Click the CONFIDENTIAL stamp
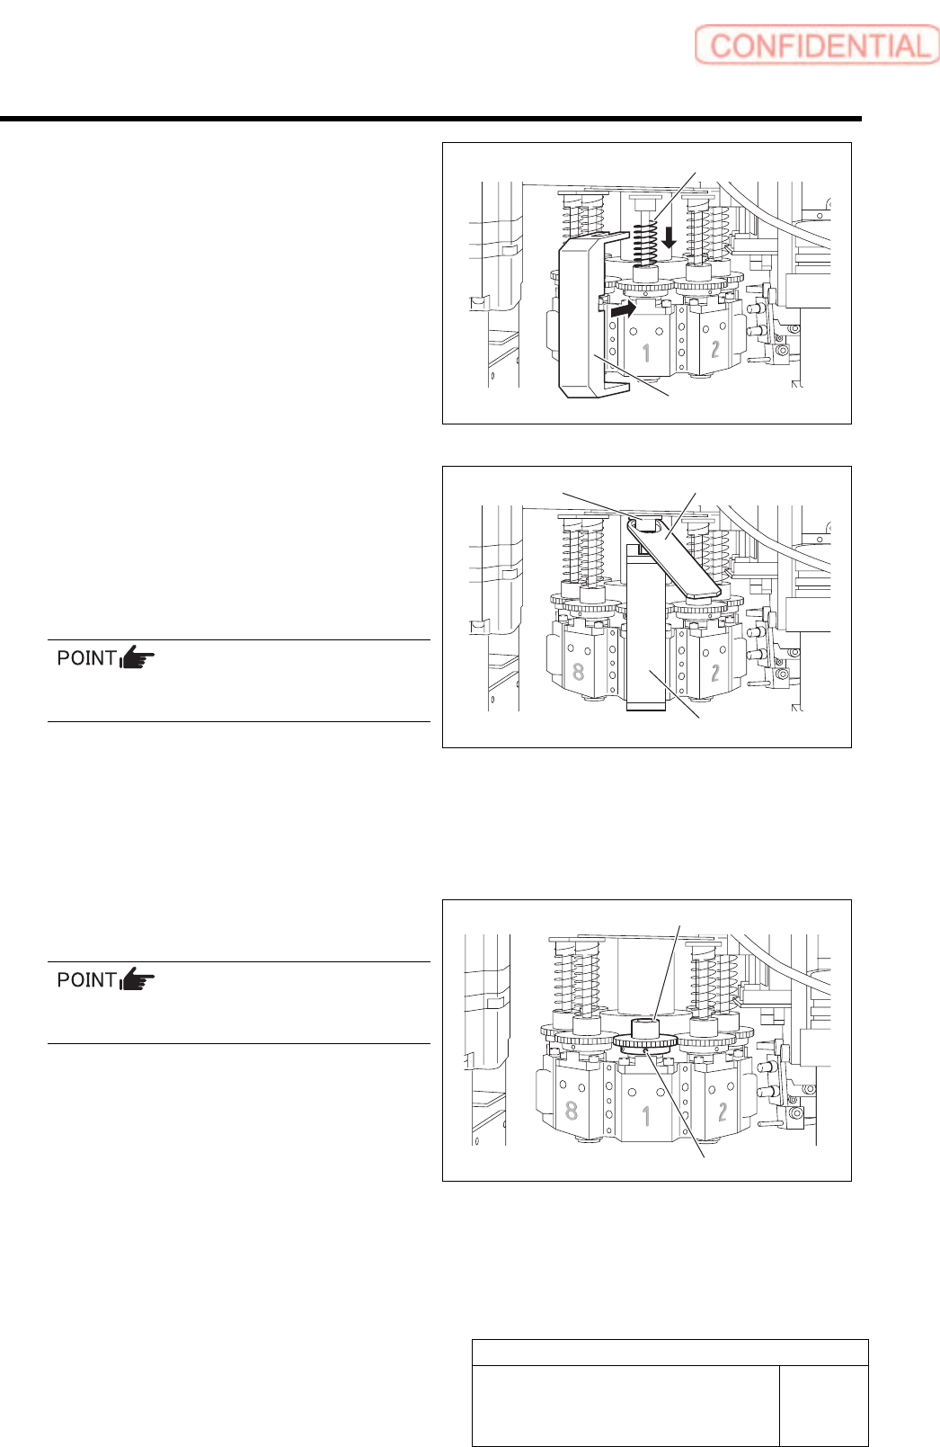coord(816,46)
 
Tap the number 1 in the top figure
coord(645,352)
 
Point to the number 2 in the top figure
coord(715,348)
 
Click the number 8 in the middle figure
coord(579,671)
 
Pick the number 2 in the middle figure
coord(715,672)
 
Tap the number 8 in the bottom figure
coord(572,1110)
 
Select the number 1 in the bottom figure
coord(646,1116)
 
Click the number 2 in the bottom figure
coord(723,1112)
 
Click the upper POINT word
coord(86,658)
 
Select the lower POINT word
coord(86,980)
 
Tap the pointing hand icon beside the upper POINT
coord(137,658)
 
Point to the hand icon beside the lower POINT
coord(137,980)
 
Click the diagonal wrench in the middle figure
coord(674,560)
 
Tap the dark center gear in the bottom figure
coord(645,1042)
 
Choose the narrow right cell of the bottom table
coord(823,1406)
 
